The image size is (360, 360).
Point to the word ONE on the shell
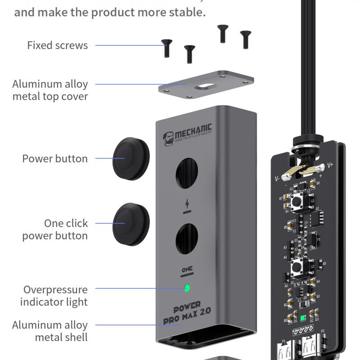tap(187, 269)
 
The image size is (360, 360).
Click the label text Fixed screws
tap(57, 45)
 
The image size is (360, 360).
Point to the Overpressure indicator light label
tap(55, 296)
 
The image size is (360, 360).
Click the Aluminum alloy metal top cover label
tap(50, 90)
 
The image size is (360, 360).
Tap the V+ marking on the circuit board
tap(330, 165)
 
